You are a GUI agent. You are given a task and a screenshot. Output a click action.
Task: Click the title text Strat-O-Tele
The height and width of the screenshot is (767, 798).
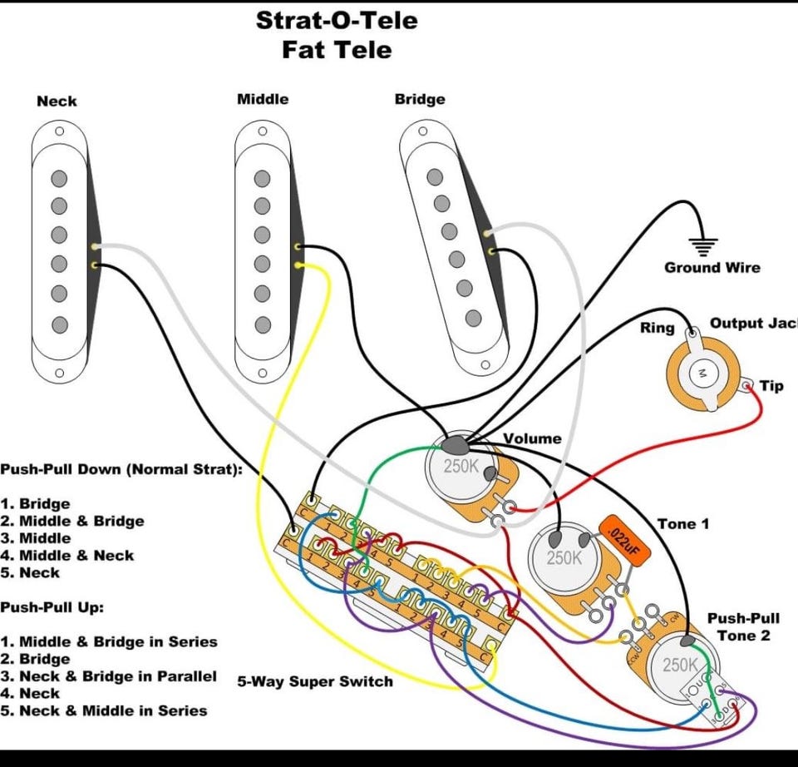pos(336,20)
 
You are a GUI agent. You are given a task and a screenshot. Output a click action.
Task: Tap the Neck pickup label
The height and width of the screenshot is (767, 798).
pos(57,101)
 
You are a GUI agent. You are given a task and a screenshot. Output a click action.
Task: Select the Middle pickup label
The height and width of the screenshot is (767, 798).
pos(263,99)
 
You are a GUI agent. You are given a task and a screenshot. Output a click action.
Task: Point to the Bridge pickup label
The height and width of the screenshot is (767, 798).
pos(420,100)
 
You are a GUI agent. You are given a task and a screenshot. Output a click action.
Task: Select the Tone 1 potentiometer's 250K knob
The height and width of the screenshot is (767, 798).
pos(564,558)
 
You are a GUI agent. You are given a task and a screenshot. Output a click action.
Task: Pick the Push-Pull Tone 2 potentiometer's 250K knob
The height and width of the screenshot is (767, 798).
pos(680,666)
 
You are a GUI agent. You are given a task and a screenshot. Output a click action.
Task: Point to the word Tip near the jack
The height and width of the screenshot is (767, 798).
pos(771,385)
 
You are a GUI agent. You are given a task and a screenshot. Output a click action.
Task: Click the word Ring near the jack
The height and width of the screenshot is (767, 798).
pos(657,328)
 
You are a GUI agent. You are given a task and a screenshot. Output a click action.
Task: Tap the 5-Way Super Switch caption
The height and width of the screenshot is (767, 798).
pos(315,681)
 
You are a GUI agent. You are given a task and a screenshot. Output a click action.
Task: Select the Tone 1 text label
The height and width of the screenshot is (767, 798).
pos(683,524)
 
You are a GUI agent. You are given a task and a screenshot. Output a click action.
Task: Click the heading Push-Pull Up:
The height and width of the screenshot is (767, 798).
pos(52,607)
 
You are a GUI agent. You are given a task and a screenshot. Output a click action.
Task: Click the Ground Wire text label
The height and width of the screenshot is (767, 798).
pos(712,268)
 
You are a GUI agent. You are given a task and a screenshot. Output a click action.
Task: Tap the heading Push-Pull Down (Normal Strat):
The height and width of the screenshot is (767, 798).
pos(121,469)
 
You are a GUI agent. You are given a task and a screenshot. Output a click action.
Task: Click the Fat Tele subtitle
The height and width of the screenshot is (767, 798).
pos(336,50)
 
